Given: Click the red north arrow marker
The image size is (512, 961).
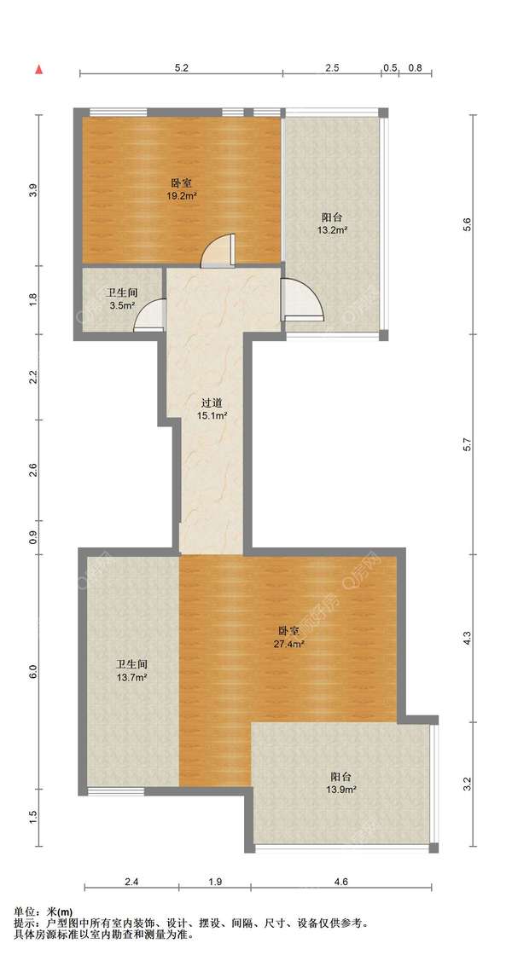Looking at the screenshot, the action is coord(39,69).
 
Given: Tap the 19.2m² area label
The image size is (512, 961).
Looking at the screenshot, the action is coord(181,196).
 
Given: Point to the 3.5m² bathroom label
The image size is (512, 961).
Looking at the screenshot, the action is coord(123,306).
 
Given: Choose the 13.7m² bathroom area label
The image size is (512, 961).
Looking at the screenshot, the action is coord(131,677).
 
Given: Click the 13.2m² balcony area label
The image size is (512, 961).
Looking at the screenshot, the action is coord(332,230).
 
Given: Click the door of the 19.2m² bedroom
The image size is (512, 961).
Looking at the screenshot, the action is coord(218,251).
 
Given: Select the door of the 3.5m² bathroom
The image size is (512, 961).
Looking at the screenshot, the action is coord(150,315).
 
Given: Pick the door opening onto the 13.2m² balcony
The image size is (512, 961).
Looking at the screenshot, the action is coord(302,299).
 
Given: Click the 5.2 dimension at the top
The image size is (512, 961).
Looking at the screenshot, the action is coord(181,68).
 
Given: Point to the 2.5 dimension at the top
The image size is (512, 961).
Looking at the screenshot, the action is coord(332,68).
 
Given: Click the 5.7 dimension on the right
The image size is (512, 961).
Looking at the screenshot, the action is coord(468,445).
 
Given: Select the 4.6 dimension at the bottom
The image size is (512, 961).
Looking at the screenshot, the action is coord(341,882).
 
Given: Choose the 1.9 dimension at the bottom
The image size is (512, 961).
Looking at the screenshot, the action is coord(214,882).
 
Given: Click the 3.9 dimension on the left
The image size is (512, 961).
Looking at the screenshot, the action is coord(34,190).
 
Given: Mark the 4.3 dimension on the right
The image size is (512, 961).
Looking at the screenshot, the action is coord(468,639).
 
